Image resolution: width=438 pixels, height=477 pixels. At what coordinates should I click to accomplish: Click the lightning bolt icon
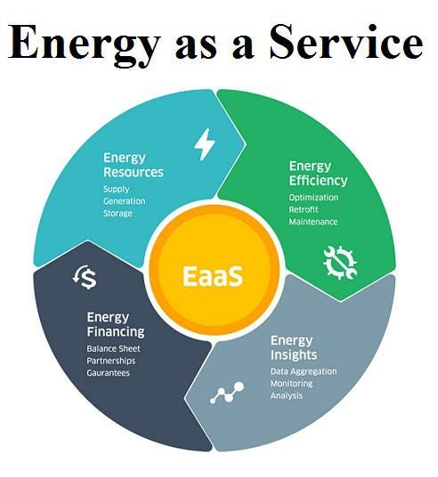pos(205,144)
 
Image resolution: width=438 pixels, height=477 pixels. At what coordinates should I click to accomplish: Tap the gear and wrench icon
pos(340,263)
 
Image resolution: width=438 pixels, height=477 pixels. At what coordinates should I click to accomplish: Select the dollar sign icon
pos(85,277)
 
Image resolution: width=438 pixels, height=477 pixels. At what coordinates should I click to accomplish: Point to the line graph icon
pos(227,393)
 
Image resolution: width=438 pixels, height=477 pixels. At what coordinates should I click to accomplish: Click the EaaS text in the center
pos(213,276)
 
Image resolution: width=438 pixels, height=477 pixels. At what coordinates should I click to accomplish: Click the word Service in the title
pos(346,42)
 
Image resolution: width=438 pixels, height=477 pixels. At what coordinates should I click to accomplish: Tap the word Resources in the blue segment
pos(134,172)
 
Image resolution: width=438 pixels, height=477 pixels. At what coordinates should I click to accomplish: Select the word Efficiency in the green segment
pos(318,181)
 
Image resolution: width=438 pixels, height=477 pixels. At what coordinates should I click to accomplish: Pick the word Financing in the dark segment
pos(116,332)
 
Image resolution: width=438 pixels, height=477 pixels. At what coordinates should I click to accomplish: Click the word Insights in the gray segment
pos(294,355)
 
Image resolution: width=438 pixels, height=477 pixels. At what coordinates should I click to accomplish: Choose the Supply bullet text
pos(117,190)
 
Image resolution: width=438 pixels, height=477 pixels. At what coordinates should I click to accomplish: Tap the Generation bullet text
pos(124,201)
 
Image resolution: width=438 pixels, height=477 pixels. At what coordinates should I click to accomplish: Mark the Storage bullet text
pos(118,214)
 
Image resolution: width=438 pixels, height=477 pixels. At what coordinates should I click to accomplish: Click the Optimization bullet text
pos(313,198)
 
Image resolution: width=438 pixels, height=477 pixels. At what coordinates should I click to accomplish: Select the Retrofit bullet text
pos(304,210)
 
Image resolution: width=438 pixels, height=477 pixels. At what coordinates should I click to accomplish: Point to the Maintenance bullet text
pos(313,222)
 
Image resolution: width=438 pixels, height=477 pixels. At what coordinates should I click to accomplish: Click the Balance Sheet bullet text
pos(114,349)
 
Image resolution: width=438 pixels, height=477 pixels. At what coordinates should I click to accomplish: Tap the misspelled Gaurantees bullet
pos(109,373)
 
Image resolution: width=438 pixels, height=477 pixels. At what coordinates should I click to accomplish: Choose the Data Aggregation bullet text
pos(304,371)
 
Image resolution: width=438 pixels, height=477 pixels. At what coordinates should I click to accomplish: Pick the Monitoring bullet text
pos(292,384)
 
